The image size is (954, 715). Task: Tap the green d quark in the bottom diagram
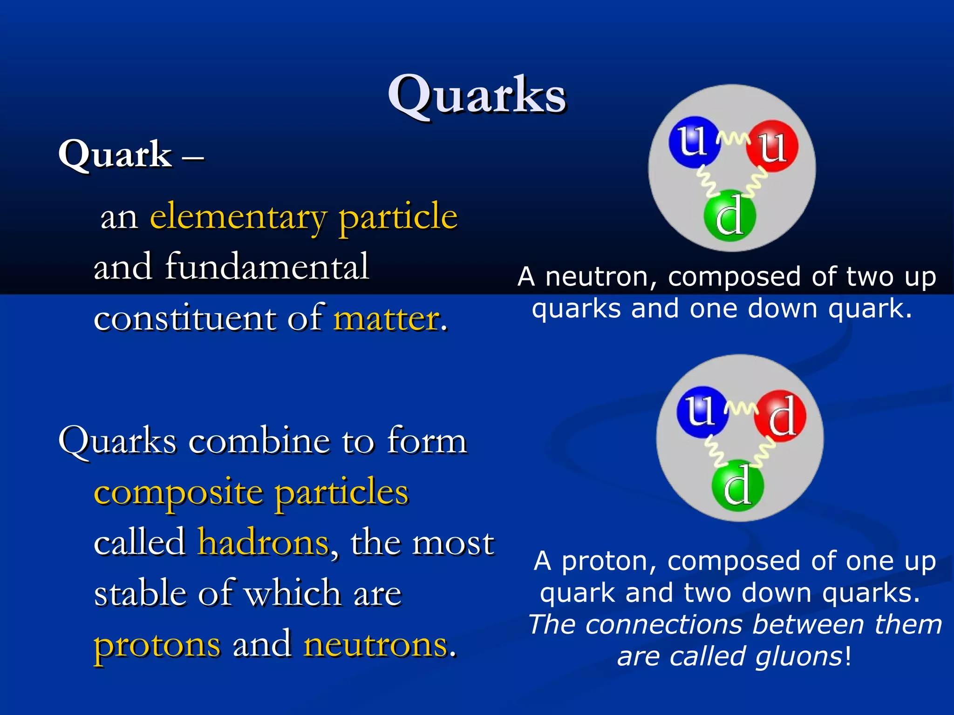pyautogui.click(x=737, y=486)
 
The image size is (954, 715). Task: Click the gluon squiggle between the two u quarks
pyautogui.click(x=733, y=138)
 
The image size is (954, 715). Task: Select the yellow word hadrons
pyautogui.click(x=264, y=543)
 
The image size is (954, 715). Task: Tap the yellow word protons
pyautogui.click(x=157, y=645)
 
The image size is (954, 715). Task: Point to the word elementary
pyautogui.click(x=238, y=217)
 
